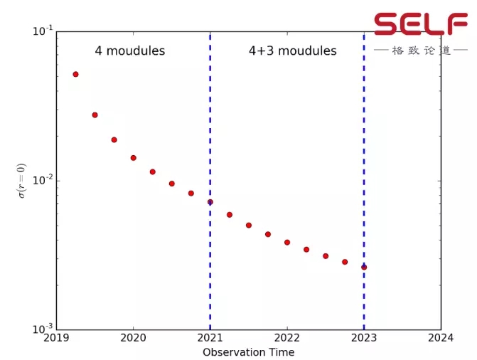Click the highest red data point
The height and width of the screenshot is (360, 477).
pos(75,74)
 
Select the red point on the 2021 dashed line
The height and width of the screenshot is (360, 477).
pos(210,202)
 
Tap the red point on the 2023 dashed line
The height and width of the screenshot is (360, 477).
pos(364,268)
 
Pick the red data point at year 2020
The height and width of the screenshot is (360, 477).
pos(133,158)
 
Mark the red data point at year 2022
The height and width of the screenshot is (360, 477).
pos(287,243)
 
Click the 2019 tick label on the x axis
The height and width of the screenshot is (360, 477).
pos(56,339)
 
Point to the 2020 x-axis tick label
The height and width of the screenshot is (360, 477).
pos(133,339)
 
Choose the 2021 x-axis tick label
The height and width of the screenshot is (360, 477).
pos(210,339)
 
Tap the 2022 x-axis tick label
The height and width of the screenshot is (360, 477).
pos(287,339)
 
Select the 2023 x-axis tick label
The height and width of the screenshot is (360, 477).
pos(364,339)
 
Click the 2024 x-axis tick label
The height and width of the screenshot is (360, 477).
pos(441,339)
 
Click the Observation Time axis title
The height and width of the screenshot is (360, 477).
pos(248,352)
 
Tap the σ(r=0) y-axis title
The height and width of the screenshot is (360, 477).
pos(22,181)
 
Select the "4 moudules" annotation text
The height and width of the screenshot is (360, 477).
pos(130,51)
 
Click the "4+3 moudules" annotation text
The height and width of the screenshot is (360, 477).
pos(292,51)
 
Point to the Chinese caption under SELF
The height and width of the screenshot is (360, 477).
pos(422,51)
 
